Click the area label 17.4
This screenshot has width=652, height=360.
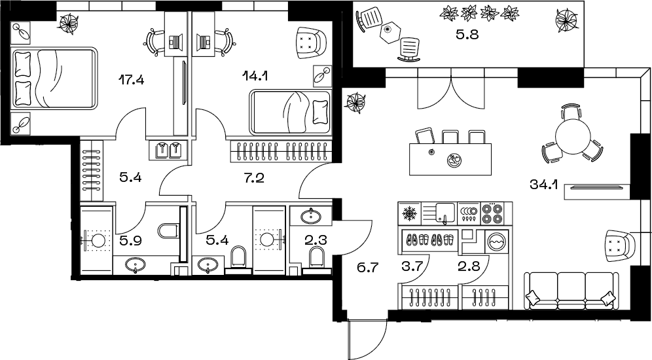[132, 79]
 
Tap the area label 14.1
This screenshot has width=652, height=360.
[255, 76]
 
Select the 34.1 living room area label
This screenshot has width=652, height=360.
[543, 184]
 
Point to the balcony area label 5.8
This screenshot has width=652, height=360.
[467, 35]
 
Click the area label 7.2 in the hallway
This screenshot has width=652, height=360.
[255, 178]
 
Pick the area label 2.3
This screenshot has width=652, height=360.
[316, 240]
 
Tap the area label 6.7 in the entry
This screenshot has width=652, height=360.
[368, 267]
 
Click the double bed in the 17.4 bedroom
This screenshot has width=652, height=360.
[54, 78]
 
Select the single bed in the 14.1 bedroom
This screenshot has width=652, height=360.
[290, 112]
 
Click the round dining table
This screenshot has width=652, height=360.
[573, 135]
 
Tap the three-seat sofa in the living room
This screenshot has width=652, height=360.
[570, 290]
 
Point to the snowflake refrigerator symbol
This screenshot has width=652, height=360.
[410, 213]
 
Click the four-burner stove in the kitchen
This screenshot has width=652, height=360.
[492, 213]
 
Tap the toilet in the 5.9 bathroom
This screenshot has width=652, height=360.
[168, 230]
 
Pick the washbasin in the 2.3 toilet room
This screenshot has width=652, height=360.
[310, 215]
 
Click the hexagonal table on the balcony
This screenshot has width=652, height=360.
[389, 31]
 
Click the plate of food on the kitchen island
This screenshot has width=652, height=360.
[453, 159]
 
